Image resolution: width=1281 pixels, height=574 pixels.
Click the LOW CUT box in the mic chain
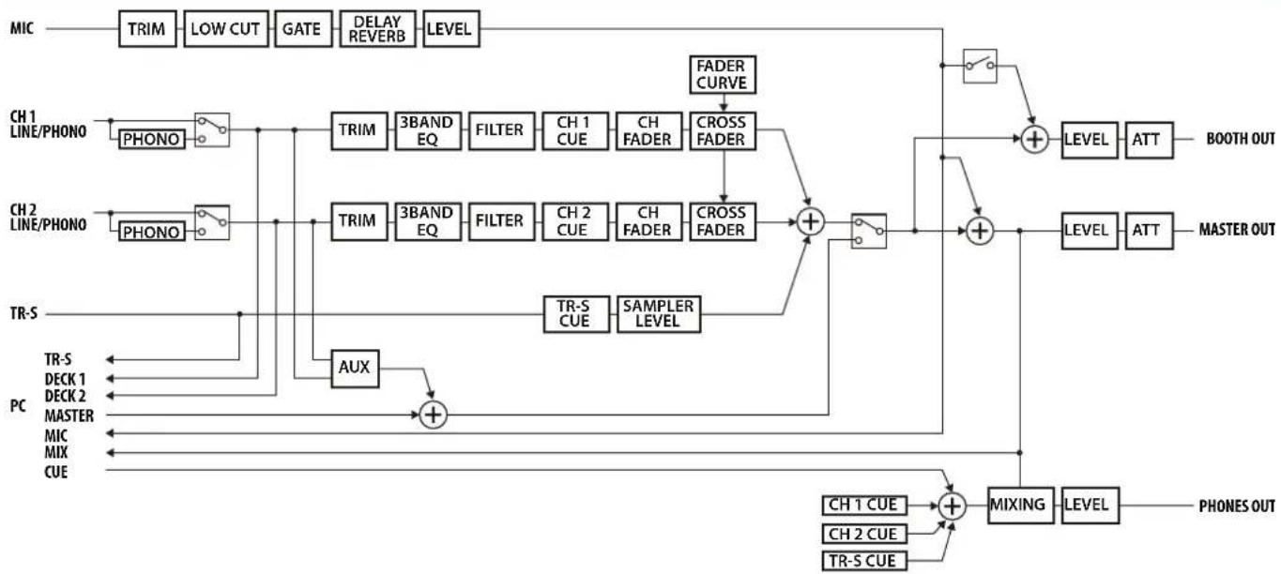point(226,28)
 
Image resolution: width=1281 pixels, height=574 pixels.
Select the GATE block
point(303,28)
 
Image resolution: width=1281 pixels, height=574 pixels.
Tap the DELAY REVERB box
point(377,28)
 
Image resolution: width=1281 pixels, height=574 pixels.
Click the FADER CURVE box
point(723,74)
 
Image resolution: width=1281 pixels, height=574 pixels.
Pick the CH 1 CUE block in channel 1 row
point(574,131)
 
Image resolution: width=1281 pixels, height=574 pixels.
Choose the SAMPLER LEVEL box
point(659,314)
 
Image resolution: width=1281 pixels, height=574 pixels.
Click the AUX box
point(355,369)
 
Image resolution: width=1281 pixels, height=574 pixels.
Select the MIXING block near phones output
point(1020,506)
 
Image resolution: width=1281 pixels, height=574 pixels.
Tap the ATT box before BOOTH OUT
point(1149,140)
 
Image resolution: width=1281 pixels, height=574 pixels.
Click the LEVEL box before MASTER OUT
point(1089,231)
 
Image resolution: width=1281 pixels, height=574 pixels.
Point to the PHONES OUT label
point(1236,506)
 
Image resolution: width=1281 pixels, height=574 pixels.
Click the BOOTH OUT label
point(1241,139)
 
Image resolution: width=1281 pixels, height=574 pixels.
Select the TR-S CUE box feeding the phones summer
point(864,561)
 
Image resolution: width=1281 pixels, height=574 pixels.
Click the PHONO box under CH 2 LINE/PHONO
point(151,232)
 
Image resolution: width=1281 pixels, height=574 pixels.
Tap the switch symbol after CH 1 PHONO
point(212,129)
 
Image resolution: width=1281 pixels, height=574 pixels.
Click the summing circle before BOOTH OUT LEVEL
point(1034,140)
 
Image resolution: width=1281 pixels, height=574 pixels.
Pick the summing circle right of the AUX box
point(433,415)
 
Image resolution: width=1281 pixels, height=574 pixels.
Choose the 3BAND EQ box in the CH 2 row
point(427,222)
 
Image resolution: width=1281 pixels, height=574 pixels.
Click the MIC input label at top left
point(22,28)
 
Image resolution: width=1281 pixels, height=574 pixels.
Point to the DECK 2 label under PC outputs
point(65,396)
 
